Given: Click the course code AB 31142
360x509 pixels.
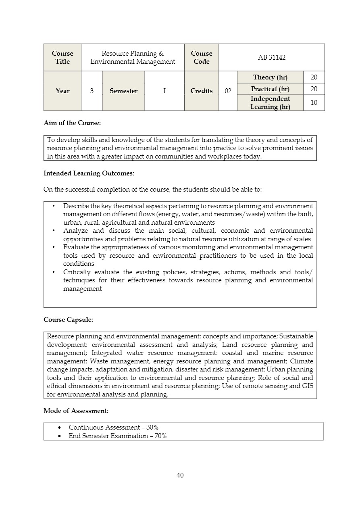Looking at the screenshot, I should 271,58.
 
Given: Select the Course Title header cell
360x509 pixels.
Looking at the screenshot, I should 62,58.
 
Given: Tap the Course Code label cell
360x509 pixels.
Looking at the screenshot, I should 202,58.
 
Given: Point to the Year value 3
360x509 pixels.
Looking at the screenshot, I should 92,91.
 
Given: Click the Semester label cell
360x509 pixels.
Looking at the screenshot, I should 124,91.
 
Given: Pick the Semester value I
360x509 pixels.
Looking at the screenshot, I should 164,91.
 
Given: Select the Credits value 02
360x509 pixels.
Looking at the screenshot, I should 228,91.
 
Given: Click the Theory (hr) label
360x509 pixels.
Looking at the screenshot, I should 270,77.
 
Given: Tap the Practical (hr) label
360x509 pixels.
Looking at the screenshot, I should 270,89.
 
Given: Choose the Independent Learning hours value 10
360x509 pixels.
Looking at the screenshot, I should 314,103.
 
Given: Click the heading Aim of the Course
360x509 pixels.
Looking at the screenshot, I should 72,123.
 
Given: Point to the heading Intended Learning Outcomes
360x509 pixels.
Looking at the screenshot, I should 89,173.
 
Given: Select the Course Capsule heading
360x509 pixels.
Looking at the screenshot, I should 68,320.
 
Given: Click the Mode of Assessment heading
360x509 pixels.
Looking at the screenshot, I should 76,411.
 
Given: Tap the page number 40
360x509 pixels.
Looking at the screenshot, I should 180,476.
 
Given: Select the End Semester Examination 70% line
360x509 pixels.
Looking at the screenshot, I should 118,436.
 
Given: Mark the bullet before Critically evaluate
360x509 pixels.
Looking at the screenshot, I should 53,272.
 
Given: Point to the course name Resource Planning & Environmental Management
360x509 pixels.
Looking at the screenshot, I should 133,58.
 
